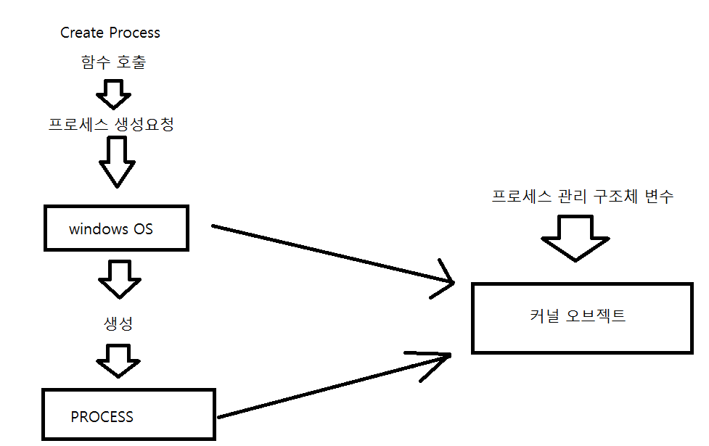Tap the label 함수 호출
click(114, 62)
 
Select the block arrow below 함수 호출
click(113, 92)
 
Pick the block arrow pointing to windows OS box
click(117, 162)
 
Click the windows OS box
click(116, 228)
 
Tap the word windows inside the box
click(99, 229)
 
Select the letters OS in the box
click(143, 229)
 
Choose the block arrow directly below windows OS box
click(117, 278)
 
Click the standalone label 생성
click(118, 323)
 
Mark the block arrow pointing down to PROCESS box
click(117, 360)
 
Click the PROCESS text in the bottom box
click(102, 417)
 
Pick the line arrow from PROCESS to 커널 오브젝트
click(334, 384)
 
